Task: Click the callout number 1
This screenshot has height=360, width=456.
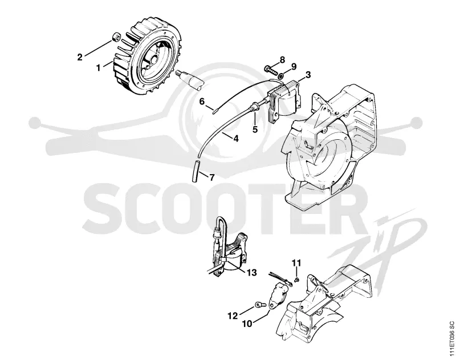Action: (98, 68)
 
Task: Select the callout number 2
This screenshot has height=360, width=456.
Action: (80, 57)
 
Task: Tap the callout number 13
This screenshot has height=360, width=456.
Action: (251, 273)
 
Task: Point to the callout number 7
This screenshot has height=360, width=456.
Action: (211, 177)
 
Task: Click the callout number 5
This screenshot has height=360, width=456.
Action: (255, 129)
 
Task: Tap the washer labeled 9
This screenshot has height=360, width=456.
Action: (280, 76)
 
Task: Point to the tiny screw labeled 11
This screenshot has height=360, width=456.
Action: (296, 280)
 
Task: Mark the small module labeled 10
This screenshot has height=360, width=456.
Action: (279, 294)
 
